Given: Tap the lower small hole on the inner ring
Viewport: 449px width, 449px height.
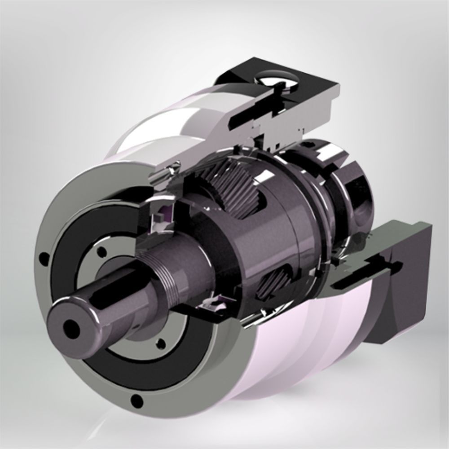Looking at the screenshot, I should pyautogui.click(x=158, y=344).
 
